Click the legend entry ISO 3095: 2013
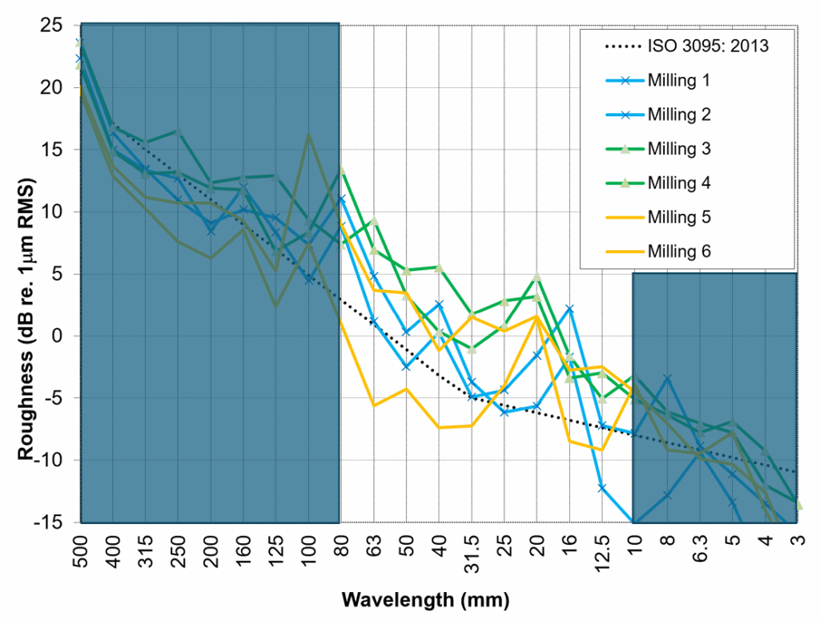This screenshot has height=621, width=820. pyautogui.click(x=708, y=46)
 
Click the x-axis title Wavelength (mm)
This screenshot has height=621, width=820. pyautogui.click(x=425, y=599)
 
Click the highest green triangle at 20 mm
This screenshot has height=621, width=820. pyautogui.click(x=537, y=277)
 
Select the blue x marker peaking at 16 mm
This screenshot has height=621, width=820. pyautogui.click(x=569, y=308)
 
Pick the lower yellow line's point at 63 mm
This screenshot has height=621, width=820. pyautogui.click(x=373, y=405)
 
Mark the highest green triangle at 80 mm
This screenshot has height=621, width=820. pyautogui.click(x=340, y=170)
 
